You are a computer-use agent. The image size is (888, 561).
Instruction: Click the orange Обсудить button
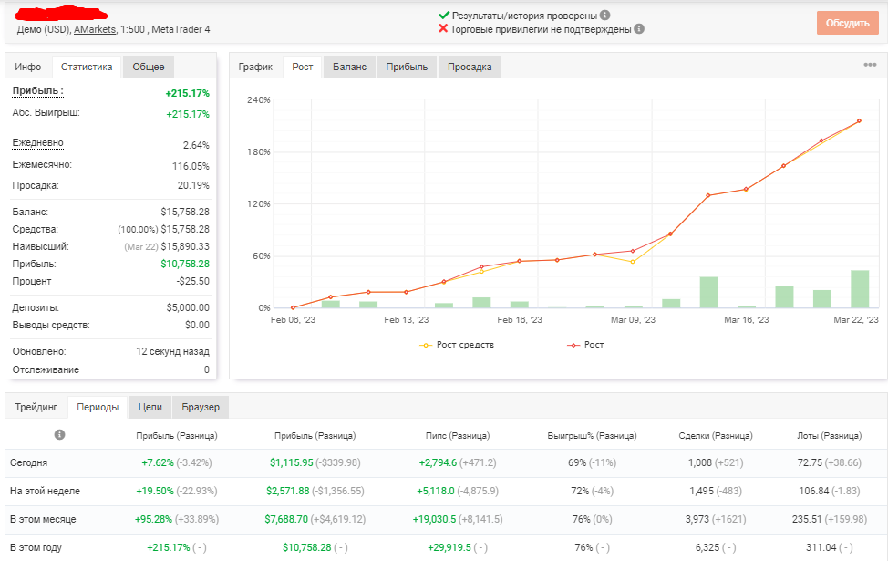(x=847, y=23)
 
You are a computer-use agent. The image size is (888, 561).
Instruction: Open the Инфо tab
(x=27, y=67)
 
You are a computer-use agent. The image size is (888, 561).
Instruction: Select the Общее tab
(x=149, y=67)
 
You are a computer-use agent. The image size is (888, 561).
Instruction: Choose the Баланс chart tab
(x=349, y=67)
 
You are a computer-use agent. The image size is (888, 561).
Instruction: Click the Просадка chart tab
(x=470, y=67)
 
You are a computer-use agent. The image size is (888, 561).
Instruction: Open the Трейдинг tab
(x=36, y=407)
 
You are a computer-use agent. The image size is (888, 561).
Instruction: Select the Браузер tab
(x=201, y=407)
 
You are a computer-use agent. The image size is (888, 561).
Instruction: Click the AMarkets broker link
(x=95, y=29)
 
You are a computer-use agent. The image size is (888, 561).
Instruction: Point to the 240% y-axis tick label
(x=259, y=99)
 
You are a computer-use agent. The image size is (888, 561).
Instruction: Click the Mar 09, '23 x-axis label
(x=633, y=320)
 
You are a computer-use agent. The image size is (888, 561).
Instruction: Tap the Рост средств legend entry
(x=457, y=345)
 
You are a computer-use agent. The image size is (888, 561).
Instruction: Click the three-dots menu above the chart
(x=870, y=65)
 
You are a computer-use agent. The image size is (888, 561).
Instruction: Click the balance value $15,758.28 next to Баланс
(x=185, y=212)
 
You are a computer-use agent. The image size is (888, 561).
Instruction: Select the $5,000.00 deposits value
(x=188, y=307)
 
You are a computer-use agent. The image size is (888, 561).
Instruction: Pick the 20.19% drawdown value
(x=193, y=185)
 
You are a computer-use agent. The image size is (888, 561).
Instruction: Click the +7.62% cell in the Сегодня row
(x=158, y=462)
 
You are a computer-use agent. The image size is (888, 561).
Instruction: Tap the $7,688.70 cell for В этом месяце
(x=286, y=519)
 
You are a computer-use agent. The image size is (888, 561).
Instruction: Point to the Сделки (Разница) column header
(x=716, y=436)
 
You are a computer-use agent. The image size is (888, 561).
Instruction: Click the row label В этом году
(x=36, y=547)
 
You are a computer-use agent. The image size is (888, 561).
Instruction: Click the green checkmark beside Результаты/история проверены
(x=444, y=16)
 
